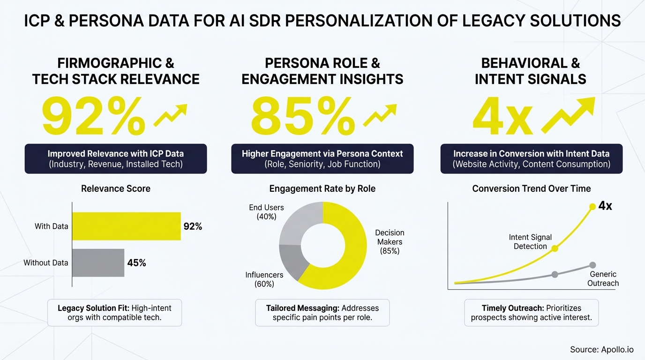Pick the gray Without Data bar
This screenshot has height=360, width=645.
point(98,262)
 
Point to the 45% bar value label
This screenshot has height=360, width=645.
point(137,263)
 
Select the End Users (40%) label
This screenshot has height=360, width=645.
point(266,212)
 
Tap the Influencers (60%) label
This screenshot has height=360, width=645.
point(264,279)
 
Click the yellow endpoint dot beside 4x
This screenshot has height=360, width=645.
point(592,206)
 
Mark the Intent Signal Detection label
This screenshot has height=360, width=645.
point(530,242)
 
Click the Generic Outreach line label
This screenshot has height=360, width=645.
point(604,278)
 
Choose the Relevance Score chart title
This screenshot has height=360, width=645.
point(116,188)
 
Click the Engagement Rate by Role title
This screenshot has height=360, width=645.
point(322,188)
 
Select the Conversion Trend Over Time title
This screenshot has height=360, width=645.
point(532,188)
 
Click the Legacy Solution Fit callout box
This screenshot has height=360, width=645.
point(115,313)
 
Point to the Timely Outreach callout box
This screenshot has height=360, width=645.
point(532,313)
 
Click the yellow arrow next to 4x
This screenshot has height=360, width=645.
point(568,115)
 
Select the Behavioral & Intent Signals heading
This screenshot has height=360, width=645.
point(531,71)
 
